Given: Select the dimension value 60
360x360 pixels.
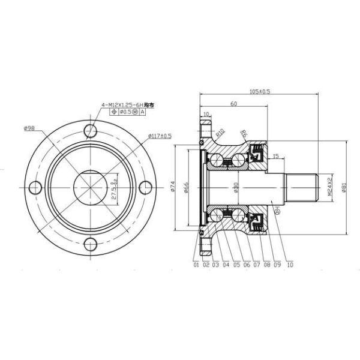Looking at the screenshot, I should (232, 103).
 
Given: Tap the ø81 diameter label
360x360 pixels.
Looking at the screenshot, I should (344, 187).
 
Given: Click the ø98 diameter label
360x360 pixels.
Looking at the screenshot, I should (29, 127).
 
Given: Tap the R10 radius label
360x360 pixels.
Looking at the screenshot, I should (220, 132).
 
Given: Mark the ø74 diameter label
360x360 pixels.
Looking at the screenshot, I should (173, 188).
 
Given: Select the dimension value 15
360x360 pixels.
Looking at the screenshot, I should (275, 157).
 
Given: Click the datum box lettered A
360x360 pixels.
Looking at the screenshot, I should (142, 112).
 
